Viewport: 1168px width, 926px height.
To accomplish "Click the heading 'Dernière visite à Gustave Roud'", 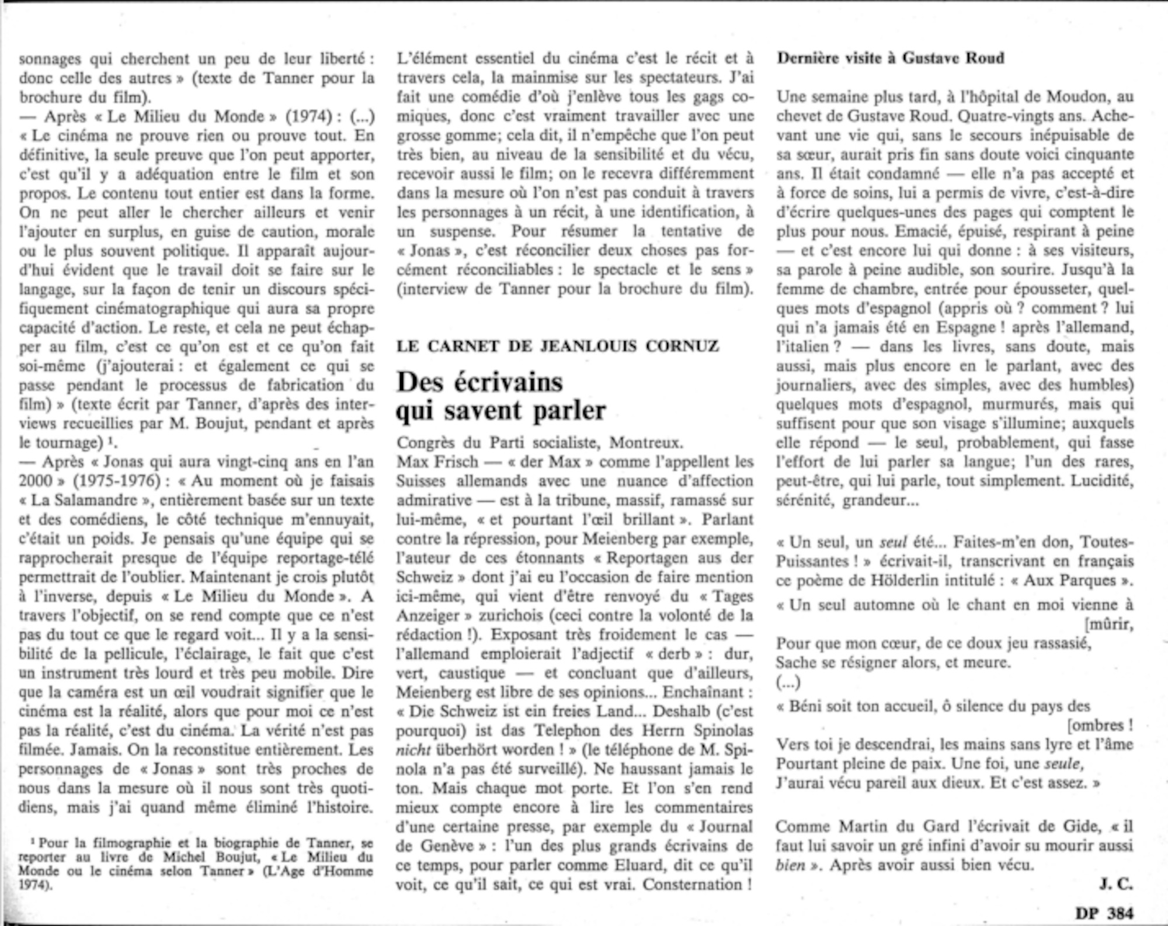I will (890, 58).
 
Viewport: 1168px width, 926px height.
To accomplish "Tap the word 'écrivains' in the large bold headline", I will (509, 382).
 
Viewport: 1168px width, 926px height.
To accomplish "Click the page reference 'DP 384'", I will (1103, 912).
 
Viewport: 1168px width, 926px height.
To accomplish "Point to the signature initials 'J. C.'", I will (1115, 885).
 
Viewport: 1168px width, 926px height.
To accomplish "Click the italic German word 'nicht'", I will (413, 750).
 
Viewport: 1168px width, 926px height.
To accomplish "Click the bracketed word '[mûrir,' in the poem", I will (1108, 625).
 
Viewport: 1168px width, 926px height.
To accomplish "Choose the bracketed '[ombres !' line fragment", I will (1100, 726).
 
